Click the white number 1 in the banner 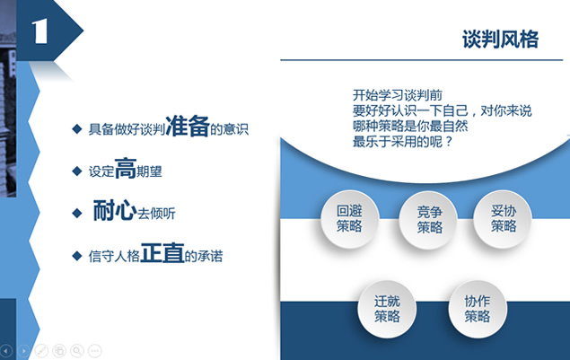[39, 31]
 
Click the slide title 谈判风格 [500, 39]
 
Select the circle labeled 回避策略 [349, 219]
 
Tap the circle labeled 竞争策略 [429, 220]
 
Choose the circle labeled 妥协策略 [503, 219]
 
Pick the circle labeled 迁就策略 [387, 309]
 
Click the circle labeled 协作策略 [478, 309]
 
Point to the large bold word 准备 [188, 126]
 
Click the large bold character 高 [126, 169]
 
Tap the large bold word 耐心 [115, 210]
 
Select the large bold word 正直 [162, 253]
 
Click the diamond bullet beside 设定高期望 [77, 171]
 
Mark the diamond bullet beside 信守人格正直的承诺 [77, 256]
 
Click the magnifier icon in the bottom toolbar [77, 350]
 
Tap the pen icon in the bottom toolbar [41, 350]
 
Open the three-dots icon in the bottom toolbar [95, 350]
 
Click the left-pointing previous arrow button [6, 351]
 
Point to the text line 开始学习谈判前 [397, 95]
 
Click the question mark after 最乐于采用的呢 [448, 142]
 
